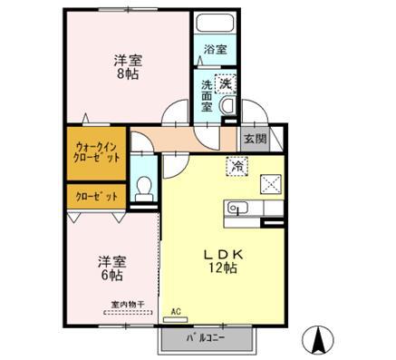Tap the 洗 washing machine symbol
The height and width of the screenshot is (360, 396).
(223, 83)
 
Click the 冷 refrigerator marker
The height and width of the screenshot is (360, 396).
(237, 166)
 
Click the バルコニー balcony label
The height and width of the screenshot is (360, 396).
(207, 337)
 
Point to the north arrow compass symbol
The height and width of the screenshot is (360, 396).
(318, 338)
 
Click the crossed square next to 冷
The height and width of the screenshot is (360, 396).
(272, 182)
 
